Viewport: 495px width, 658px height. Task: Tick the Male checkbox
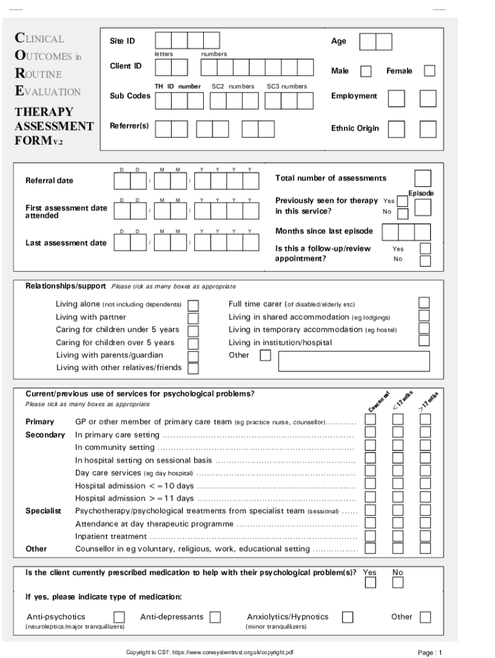point(366,71)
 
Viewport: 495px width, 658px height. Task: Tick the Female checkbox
point(429,71)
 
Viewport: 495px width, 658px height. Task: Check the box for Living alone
point(193,305)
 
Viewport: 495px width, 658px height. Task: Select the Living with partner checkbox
point(193,317)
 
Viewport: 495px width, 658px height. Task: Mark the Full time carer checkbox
point(424,303)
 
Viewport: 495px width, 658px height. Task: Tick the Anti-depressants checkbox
point(215,617)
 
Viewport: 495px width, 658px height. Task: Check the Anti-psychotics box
point(119,617)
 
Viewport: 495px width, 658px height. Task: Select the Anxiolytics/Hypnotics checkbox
point(347,617)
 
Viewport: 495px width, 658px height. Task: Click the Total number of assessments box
point(423,178)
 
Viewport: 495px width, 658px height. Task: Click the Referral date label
point(50,181)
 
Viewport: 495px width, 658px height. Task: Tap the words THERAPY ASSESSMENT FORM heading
point(54,126)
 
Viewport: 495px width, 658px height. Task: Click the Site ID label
point(122,41)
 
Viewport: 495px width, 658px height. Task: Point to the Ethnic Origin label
point(355,129)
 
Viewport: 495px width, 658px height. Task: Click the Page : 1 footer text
point(429,652)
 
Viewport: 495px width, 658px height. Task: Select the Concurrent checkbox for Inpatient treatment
point(370,535)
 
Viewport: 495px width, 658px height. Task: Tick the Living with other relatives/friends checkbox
point(193,368)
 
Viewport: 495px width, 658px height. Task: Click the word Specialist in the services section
point(43,511)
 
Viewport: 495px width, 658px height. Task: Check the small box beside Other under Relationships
point(265,355)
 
